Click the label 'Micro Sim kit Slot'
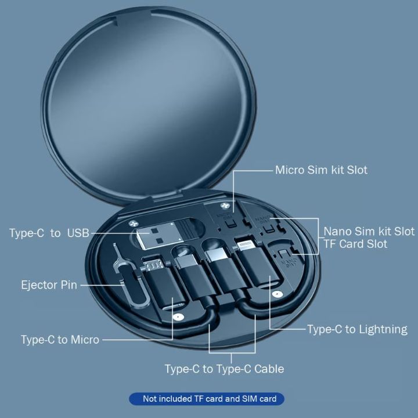[321, 170]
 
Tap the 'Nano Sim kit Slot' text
[369, 231]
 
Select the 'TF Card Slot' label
[356, 244]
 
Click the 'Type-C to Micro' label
[60, 340]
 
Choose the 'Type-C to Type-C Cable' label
[224, 369]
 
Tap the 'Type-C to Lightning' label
[357, 329]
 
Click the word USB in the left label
[78, 233]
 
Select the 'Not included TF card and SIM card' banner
[206, 399]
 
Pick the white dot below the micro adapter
[178, 318]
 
